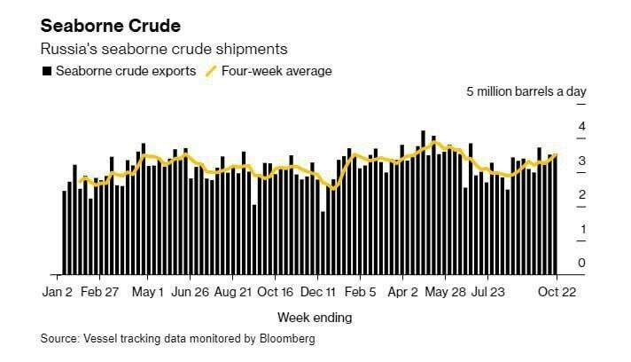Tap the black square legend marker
[46, 71]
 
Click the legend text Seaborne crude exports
[126, 71]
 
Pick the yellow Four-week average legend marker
[211, 71]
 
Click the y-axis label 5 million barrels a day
[526, 92]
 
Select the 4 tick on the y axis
[582, 127]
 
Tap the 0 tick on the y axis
[582, 263]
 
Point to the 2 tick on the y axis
[582, 195]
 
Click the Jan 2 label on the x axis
[57, 291]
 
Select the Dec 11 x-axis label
[318, 291]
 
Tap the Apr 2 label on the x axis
[403, 291]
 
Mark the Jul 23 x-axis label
[487, 291]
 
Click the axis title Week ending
[315, 317]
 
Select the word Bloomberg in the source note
[288, 339]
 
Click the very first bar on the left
[64, 232]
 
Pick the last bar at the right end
[556, 214]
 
